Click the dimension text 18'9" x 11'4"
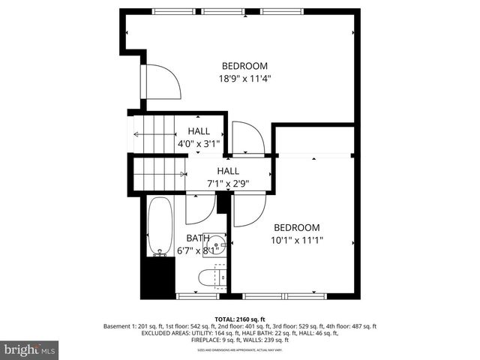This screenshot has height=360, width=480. pos(244,78)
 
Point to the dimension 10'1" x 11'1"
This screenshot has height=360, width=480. pos(296,241)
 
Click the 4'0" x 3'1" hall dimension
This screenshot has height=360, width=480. pos(199,143)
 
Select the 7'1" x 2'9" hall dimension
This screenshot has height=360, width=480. pos(228,183)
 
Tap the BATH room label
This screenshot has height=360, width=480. pos(197,238)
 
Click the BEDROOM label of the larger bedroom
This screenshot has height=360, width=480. pos(244,65)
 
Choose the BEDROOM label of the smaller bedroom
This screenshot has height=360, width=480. pos(296,228)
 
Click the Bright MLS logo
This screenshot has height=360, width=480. pos(30,349)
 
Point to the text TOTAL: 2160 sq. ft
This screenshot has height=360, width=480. pos(240,319)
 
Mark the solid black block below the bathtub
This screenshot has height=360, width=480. pos(158,277)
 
